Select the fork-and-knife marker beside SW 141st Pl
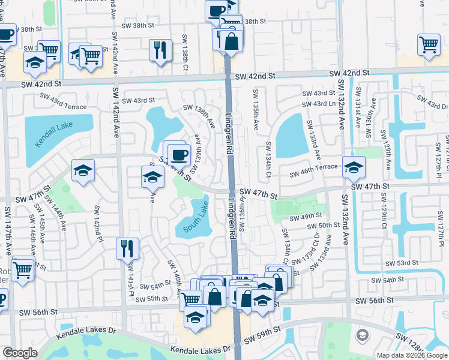127,248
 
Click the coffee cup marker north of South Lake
179,155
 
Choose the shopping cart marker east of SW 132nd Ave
429,44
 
